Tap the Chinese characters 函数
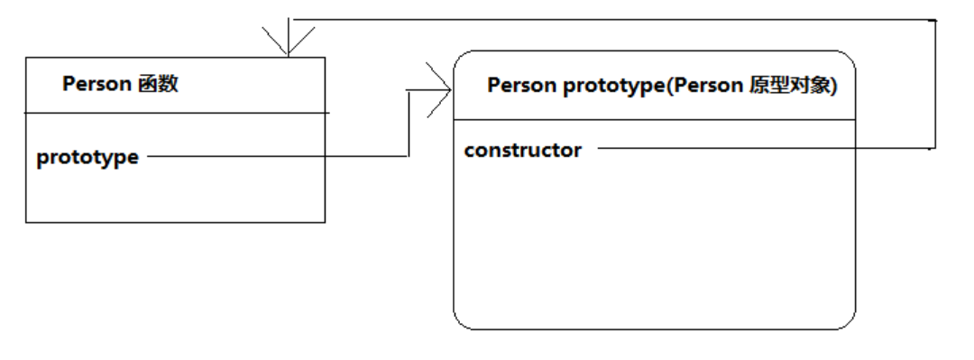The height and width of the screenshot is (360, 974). click(157, 83)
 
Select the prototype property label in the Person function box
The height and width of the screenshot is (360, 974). click(87, 158)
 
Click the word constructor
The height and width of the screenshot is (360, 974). click(522, 151)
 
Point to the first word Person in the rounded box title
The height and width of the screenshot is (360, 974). click(522, 86)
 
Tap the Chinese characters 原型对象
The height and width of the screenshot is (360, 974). click(789, 86)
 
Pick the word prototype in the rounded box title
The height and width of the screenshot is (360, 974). click(614, 87)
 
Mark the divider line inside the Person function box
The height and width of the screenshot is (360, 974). click(177, 113)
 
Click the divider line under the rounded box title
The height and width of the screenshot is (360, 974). click(655, 120)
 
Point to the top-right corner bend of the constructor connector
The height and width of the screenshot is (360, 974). click(935, 20)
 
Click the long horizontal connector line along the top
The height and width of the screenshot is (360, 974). click(614, 19)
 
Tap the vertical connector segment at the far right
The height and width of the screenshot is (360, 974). click(935, 84)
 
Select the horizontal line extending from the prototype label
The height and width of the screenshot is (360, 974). click(278, 156)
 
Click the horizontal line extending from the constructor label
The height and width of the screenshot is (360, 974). click(766, 148)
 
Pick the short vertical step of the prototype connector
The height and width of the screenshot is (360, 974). click(408, 123)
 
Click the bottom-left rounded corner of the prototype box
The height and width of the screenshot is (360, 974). click(461, 321)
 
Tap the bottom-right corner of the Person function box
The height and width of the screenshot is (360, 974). click(325, 222)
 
